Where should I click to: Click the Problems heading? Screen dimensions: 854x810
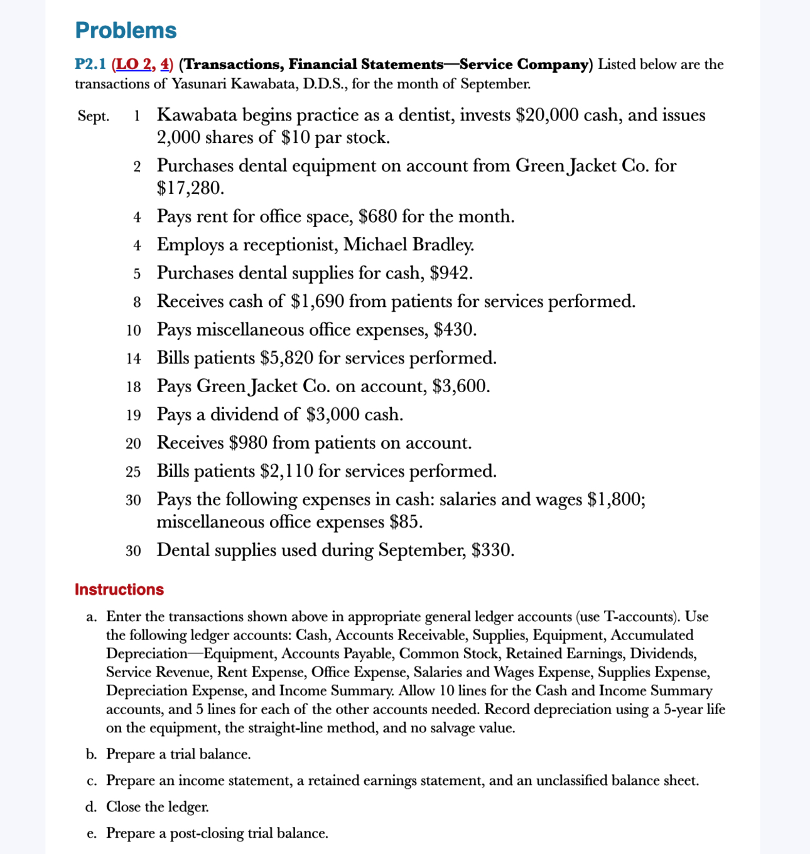click(126, 30)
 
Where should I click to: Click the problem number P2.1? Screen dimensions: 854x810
click(90, 64)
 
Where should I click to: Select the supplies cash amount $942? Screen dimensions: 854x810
click(451, 273)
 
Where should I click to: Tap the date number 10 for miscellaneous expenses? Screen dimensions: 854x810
click(133, 330)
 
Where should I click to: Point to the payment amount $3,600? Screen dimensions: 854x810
click(461, 386)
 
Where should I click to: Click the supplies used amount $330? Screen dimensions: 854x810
click(493, 550)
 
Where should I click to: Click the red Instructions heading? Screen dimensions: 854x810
click(119, 589)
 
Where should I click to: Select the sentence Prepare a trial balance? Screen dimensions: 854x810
click(178, 754)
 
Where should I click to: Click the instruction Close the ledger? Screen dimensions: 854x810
click(158, 807)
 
